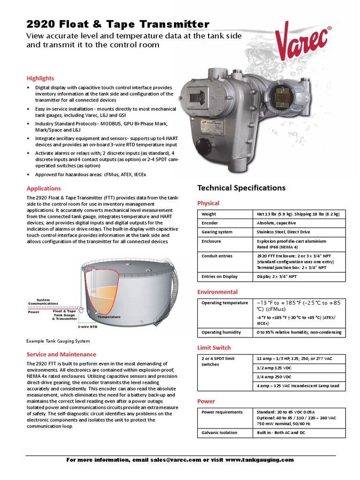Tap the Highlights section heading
click(x=40, y=78)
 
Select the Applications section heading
click(x=44, y=188)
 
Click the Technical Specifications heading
click(x=241, y=188)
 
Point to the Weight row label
click(x=209, y=214)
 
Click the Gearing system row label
click(x=217, y=232)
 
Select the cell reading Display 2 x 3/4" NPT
click(x=277, y=277)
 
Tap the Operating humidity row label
click(x=221, y=332)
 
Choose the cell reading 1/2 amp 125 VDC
click(x=274, y=368)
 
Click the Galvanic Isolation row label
click(x=219, y=433)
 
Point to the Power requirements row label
click(x=222, y=412)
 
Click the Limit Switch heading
click(x=214, y=348)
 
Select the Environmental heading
click(x=217, y=292)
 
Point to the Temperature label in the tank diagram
click(x=109, y=317)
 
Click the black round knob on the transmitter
click(x=202, y=143)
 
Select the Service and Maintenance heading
click(x=61, y=354)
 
